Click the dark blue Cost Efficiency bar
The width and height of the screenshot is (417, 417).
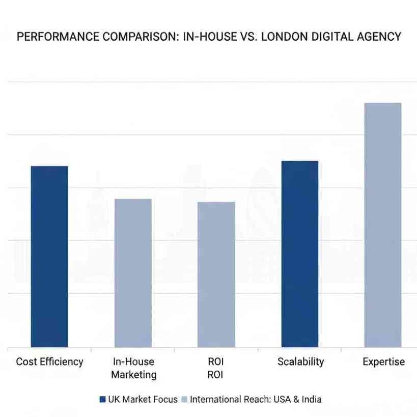point(49,256)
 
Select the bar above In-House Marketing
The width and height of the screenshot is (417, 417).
point(133,272)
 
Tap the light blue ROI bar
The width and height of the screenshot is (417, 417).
point(216,274)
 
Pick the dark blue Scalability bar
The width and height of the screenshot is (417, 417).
point(300,254)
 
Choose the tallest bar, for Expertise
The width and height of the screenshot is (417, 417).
point(383,225)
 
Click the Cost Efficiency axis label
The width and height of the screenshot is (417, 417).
point(49,362)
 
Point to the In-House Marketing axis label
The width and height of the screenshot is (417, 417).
point(133,368)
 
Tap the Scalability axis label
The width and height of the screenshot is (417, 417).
point(300,362)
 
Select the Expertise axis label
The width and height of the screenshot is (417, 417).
point(383,362)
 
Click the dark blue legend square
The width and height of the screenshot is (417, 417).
point(102,400)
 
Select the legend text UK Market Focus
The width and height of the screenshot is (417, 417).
point(143,400)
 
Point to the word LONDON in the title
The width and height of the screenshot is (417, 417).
point(283,37)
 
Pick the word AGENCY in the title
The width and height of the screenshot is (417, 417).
point(380,37)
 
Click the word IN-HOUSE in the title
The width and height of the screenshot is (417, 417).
point(207,37)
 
